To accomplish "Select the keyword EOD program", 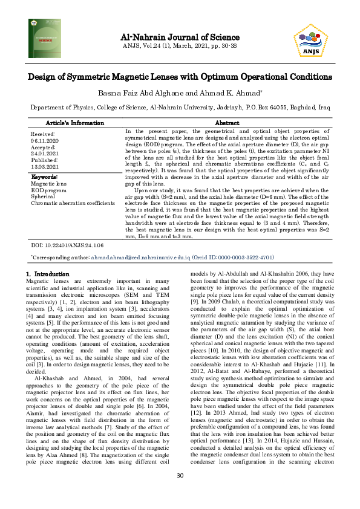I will (x=48, y=190).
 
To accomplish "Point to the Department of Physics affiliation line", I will (x=180, y=106).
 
